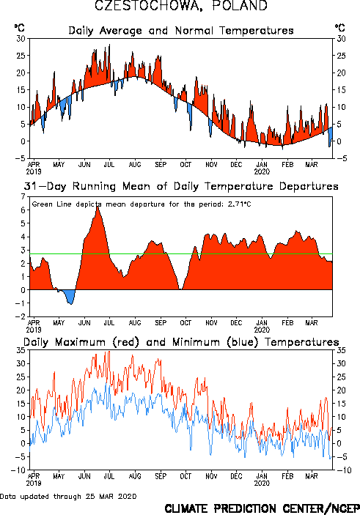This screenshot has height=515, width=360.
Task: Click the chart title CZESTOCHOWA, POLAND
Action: tap(181, 6)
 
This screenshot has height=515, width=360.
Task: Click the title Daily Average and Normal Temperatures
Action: tap(181, 31)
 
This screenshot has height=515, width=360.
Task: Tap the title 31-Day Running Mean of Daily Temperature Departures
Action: tap(181, 186)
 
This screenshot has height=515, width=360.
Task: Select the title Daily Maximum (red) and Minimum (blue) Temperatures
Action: tap(181, 342)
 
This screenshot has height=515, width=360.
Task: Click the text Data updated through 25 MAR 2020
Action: tap(68, 496)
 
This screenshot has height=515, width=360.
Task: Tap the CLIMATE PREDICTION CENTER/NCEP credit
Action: tap(262, 508)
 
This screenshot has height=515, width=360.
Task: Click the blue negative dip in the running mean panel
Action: tap(68, 296)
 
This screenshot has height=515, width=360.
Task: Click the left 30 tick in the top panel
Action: tap(21, 39)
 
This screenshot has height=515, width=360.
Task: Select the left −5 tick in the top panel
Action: tap(20, 158)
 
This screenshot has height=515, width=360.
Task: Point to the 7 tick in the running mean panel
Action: tap(23, 197)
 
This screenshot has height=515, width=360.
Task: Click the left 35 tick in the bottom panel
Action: tap(21, 350)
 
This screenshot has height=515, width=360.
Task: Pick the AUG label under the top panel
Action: tap(135, 165)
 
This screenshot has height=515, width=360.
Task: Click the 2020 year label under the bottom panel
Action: tap(262, 483)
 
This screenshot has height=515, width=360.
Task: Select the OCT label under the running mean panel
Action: tap(185, 323)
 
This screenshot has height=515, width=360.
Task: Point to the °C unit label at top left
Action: tap(19, 28)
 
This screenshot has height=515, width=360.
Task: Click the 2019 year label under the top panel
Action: tap(34, 171)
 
